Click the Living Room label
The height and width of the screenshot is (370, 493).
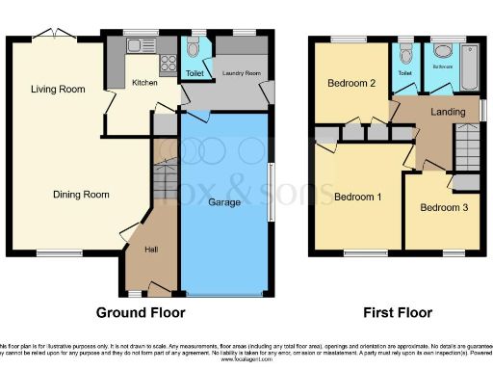point(57,90)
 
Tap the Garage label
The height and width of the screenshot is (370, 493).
point(225,202)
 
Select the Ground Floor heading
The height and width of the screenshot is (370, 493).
point(141,313)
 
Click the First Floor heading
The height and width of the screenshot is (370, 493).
point(397,313)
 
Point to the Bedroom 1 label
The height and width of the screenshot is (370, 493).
point(358,198)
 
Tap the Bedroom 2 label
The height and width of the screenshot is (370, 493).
point(350,83)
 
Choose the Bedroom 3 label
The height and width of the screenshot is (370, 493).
point(444,208)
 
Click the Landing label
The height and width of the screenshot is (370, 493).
point(447,113)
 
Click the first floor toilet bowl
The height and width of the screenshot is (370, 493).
point(404,51)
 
